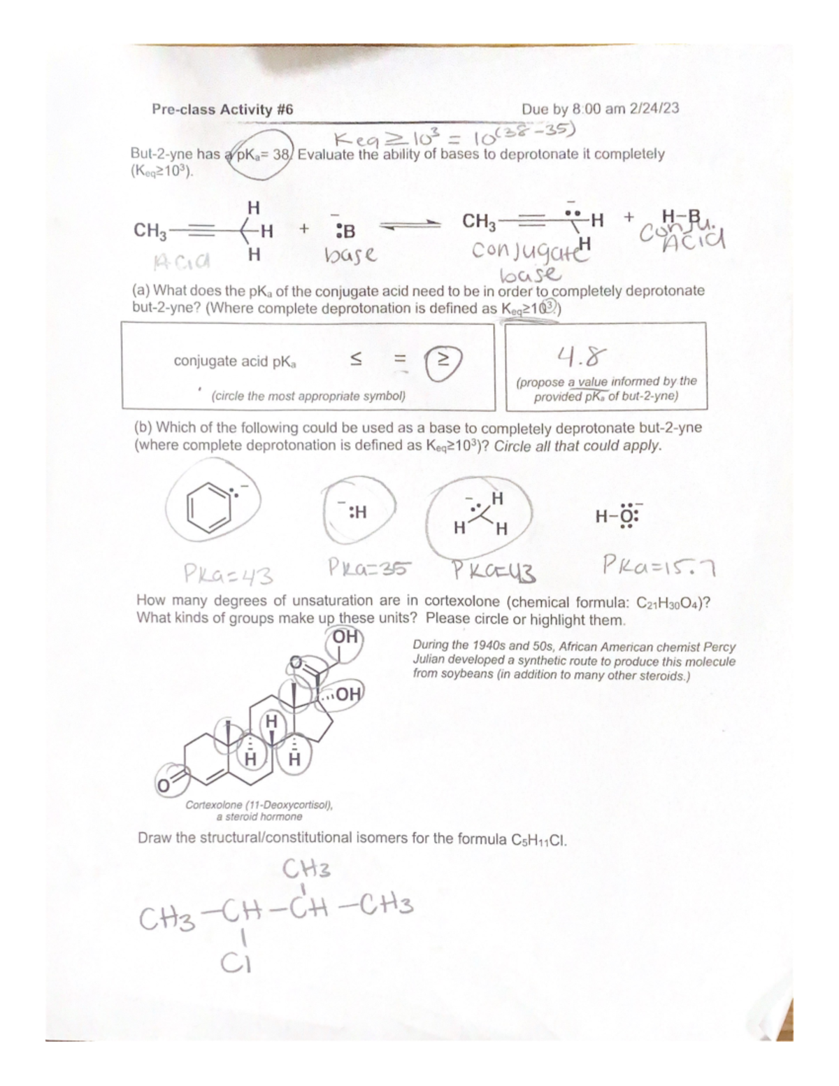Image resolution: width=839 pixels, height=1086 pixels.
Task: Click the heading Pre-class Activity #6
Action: (x=222, y=109)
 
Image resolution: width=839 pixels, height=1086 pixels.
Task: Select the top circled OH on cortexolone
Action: (x=344, y=637)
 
